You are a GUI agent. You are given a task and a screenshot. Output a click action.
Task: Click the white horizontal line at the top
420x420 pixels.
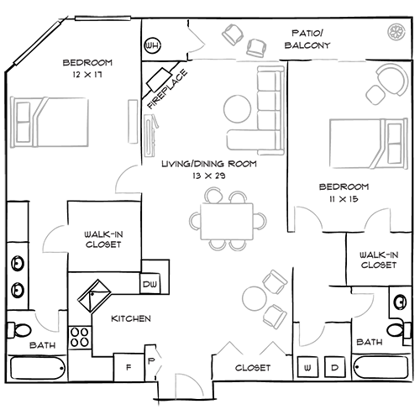click(x=102, y=16)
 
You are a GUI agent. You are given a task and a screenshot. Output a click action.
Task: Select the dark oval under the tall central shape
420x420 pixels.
click(x=252, y=366)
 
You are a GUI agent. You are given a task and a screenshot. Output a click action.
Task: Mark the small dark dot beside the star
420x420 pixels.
click(x=129, y=367)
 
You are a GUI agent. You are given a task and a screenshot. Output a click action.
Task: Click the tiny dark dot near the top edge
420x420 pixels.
click(x=151, y=45)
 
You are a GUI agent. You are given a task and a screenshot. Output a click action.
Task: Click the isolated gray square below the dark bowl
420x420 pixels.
click(x=301, y=240)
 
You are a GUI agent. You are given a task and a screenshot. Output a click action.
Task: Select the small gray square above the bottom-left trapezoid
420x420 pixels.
click(x=53, y=304)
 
